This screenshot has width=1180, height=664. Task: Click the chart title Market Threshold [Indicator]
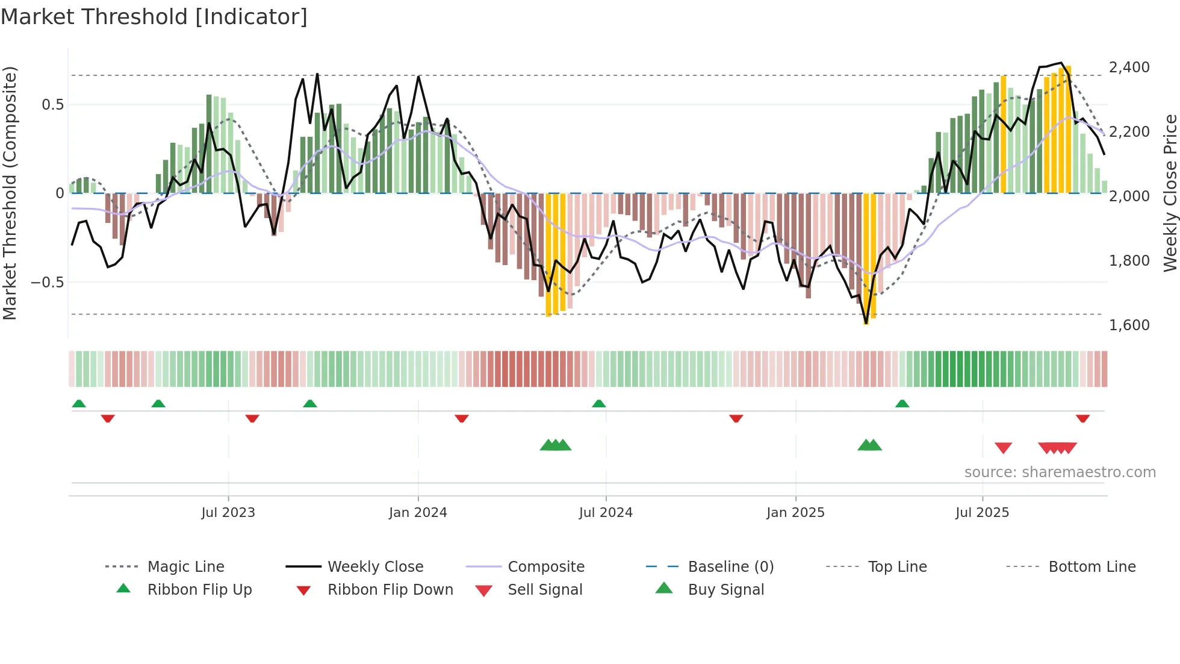pyautogui.click(x=154, y=17)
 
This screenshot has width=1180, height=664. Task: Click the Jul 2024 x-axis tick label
pyautogui.click(x=606, y=513)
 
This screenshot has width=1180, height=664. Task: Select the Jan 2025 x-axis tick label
pyautogui.click(x=795, y=513)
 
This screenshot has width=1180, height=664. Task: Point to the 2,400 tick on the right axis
pyautogui.click(x=1129, y=67)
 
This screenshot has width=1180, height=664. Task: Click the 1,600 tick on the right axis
pyautogui.click(x=1129, y=325)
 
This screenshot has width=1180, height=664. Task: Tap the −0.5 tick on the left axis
pyautogui.click(x=48, y=283)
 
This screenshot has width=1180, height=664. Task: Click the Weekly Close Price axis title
pyautogui.click(x=1170, y=193)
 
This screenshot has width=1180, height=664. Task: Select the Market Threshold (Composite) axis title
pyautogui.click(x=10, y=193)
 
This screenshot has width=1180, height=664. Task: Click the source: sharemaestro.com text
pyautogui.click(x=1060, y=472)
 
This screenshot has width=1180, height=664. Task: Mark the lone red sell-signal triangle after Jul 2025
pyautogui.click(x=1003, y=448)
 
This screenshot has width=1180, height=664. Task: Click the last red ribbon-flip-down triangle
pyautogui.click(x=1082, y=418)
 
